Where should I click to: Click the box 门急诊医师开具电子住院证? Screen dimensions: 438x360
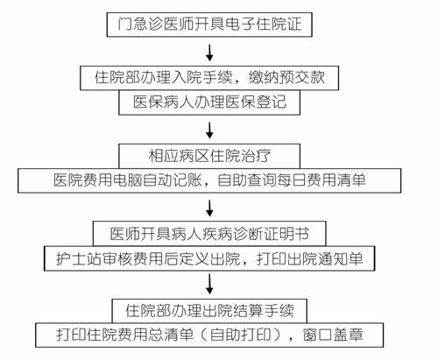tap(209, 25)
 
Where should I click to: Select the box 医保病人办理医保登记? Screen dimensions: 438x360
tap(209, 102)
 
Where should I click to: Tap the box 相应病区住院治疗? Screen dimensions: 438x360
tap(209, 156)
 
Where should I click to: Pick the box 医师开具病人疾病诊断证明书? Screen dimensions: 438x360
tap(209, 234)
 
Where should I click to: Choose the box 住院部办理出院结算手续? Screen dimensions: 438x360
tap(209, 311)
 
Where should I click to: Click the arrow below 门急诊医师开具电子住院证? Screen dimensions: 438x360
tap(209, 53)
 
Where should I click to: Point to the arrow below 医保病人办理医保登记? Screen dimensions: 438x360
tap(209, 131)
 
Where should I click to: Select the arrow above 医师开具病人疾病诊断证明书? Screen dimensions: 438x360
tap(209, 208)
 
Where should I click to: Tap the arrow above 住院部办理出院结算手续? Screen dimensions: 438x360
tap(209, 285)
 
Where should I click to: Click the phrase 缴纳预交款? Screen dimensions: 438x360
tap(286, 78)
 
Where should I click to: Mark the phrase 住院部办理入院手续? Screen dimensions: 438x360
tap(163, 78)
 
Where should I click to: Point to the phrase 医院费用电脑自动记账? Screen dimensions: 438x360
tap(128, 180)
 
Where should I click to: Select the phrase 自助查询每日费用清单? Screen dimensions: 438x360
tap(292, 180)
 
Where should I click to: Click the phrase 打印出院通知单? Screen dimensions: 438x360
tap(309, 258)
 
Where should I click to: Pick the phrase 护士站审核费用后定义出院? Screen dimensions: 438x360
tap(148, 258)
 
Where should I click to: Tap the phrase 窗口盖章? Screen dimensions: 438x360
tap(333, 335)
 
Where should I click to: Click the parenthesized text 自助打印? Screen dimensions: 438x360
tap(240, 335)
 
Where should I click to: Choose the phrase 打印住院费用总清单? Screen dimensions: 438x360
tap(125, 335)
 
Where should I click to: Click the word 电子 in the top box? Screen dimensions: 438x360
tap(240, 24)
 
